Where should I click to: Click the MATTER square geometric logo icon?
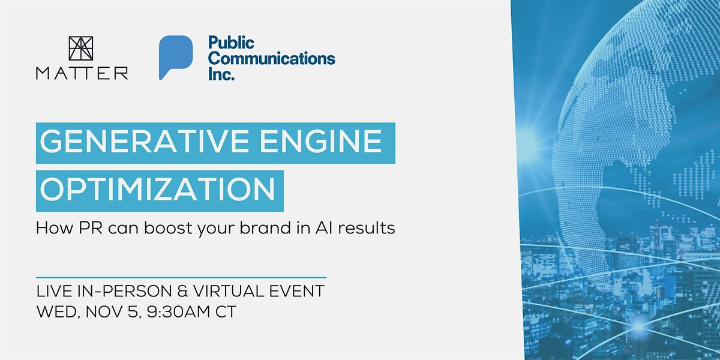[81, 49]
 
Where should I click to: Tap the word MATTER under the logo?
[82, 74]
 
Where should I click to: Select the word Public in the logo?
[231, 43]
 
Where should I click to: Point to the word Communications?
[272, 59]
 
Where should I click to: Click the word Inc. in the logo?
[221, 74]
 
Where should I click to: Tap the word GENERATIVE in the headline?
[143, 142]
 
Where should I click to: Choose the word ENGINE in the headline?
[321, 142]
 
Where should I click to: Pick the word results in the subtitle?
[367, 228]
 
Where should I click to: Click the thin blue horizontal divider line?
[181, 277]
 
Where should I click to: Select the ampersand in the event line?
[183, 291]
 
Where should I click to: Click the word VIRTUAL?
[229, 291]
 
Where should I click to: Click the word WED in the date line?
[56, 312]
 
